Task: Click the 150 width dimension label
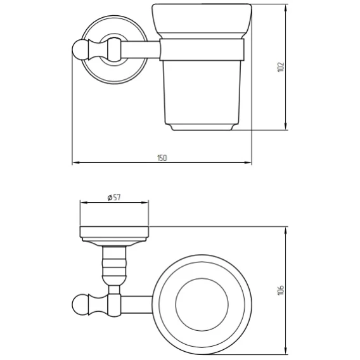[162, 158]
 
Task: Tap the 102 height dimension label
[281, 67]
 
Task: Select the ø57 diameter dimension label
[114, 198]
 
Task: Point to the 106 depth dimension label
[281, 290]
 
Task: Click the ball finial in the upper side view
[80, 49]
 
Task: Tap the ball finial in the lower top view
[80, 304]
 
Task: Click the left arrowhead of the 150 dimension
[76, 162]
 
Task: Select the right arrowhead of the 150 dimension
[248, 162]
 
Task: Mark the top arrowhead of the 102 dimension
[285, 8]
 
